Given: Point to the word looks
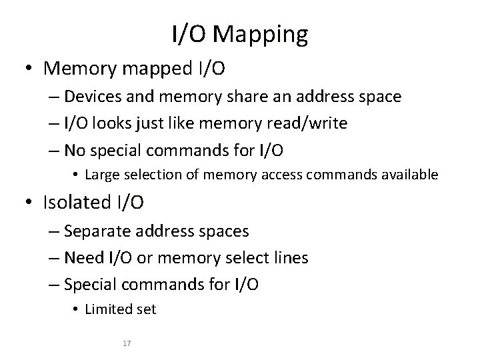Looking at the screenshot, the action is [x=116, y=123].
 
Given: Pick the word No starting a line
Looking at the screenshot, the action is [x=75, y=151].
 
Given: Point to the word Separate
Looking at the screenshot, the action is [x=99, y=231].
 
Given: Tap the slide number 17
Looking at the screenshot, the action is [x=127, y=344].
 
